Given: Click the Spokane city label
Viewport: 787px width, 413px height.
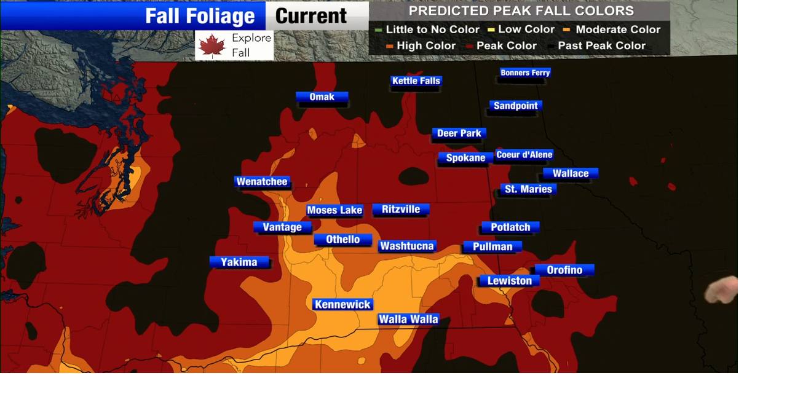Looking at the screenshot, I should (465, 158).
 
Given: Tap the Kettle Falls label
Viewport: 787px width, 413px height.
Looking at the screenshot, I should (416, 81).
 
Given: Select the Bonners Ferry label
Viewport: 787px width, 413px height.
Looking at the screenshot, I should (525, 73).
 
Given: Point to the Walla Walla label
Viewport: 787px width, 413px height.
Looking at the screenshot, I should (408, 319).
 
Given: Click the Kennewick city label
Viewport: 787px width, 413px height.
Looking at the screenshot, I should (342, 304).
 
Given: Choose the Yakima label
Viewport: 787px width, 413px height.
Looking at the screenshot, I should (239, 262).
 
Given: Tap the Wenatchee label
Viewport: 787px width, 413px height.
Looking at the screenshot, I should (262, 181).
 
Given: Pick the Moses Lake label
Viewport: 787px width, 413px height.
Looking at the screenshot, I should (334, 210).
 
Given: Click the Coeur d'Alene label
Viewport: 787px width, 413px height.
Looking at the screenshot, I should (524, 154).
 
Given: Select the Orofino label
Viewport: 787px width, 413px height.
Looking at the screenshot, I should (564, 270).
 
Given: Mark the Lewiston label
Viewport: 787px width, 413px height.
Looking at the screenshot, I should (509, 281).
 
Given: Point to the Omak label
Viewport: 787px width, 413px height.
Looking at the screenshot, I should (322, 97).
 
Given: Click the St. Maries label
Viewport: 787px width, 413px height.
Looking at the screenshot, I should (528, 189).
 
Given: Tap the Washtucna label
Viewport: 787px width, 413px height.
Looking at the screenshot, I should (407, 246).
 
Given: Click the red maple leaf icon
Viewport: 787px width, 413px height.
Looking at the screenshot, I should (212, 45).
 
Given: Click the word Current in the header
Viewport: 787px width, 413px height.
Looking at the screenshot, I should (311, 16).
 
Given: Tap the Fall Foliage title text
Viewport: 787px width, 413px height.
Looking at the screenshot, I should (200, 16).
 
